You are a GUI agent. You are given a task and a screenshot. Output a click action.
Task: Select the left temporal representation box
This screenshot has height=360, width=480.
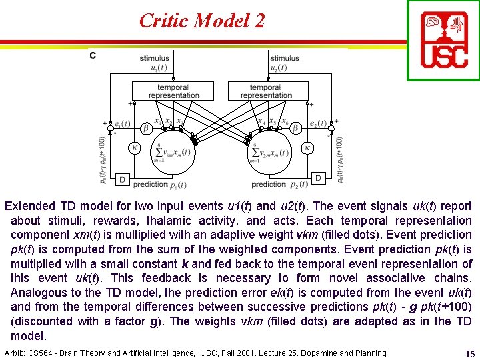pyautogui.click(x=173, y=91)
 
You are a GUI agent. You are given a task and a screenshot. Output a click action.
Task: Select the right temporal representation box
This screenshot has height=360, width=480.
pyautogui.click(x=266, y=91)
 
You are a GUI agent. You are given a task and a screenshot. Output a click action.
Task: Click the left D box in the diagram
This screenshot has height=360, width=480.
pyautogui.click(x=121, y=179)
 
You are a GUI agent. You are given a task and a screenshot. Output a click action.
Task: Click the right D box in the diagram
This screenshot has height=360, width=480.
pyautogui.click(x=318, y=179)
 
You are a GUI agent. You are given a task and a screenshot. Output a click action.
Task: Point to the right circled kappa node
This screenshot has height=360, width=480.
pyautogui.click(x=307, y=147)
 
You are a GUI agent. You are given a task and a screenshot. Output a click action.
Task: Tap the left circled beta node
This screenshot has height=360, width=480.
pyautogui.click(x=147, y=127)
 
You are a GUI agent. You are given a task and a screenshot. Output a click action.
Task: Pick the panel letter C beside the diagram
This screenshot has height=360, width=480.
pyautogui.click(x=92, y=55)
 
